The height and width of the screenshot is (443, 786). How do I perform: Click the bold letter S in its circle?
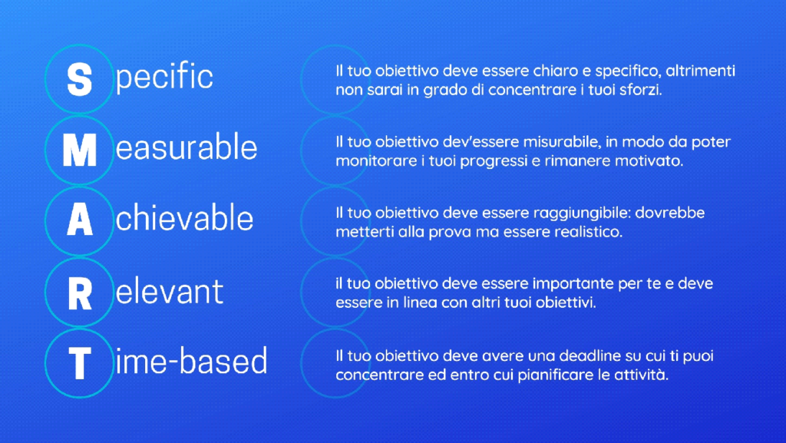[80, 79]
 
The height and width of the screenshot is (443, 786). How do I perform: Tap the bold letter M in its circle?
[80, 150]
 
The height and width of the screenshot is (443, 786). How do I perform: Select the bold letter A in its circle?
[80, 220]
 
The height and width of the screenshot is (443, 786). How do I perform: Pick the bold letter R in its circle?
[80, 293]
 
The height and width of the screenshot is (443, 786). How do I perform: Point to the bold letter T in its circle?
[80, 363]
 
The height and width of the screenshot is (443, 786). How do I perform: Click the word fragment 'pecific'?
[164, 78]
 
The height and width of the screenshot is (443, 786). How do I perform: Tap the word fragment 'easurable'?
[187, 147]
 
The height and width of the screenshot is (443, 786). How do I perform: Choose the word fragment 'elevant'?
[170, 291]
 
